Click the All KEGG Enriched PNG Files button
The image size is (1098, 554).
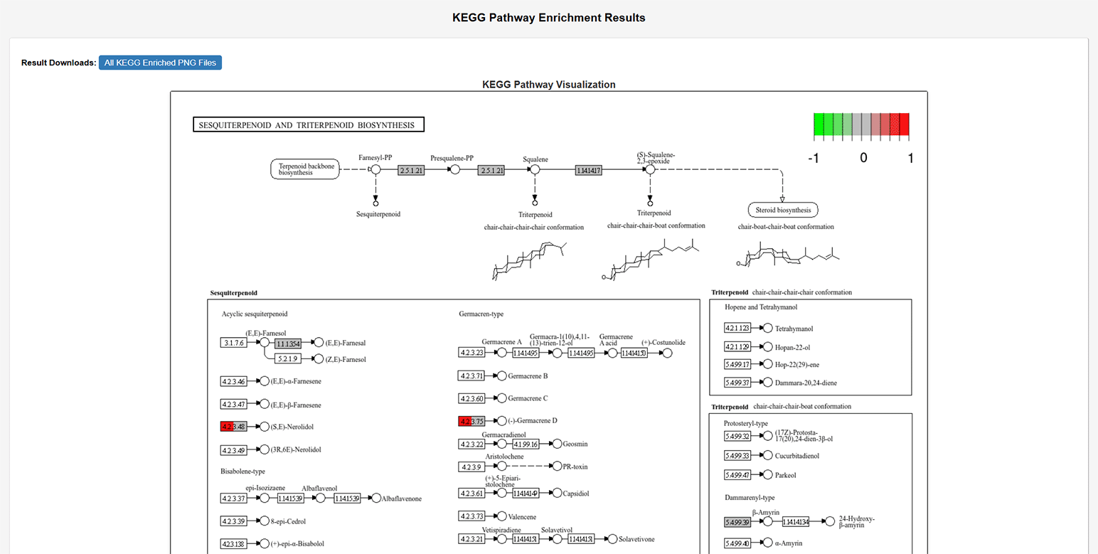point(160,63)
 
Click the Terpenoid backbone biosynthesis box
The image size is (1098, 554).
point(304,169)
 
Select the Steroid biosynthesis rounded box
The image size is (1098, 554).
point(783,210)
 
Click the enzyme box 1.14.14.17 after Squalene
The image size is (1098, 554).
point(589,170)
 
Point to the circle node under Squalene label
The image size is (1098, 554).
point(535,170)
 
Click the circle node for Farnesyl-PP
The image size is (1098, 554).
point(375,169)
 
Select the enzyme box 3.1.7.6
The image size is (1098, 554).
point(233,343)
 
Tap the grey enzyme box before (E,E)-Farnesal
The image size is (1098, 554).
point(288,343)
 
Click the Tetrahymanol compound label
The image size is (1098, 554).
point(794,329)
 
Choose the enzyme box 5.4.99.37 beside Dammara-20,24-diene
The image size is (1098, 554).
point(737,383)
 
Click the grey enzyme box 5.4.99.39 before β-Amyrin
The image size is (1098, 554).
point(737,522)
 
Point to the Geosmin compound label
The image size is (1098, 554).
point(575,444)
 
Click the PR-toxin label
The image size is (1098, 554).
point(575,467)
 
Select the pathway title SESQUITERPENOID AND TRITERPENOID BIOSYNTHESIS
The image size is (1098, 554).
point(309,125)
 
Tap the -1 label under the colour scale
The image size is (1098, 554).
point(814,158)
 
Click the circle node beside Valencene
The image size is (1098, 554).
point(501,516)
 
